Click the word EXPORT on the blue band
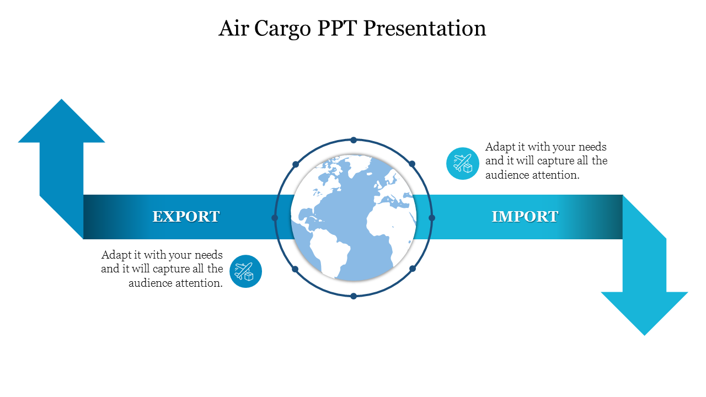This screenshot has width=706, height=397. coord(186,217)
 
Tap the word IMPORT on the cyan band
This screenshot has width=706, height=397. coord(525,217)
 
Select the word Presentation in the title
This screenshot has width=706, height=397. coord(425,28)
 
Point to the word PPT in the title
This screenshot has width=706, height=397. coord(337,28)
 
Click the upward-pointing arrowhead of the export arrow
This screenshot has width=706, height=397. coord(61,121)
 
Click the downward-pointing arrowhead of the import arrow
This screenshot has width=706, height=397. coord(644,314)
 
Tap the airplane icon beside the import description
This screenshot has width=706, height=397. coord(463,164)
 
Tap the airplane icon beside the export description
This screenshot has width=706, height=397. coord(245,271)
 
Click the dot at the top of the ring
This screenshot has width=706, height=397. coord(354,140)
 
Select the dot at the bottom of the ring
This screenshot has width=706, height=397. coord(354,296)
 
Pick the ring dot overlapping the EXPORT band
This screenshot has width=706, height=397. coord(275,218)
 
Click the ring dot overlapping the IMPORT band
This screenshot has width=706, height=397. coord(432,218)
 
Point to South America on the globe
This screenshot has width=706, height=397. coord(328,252)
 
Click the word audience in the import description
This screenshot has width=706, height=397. coord(507,175)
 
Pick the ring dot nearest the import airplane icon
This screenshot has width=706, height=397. coord(412,164)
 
